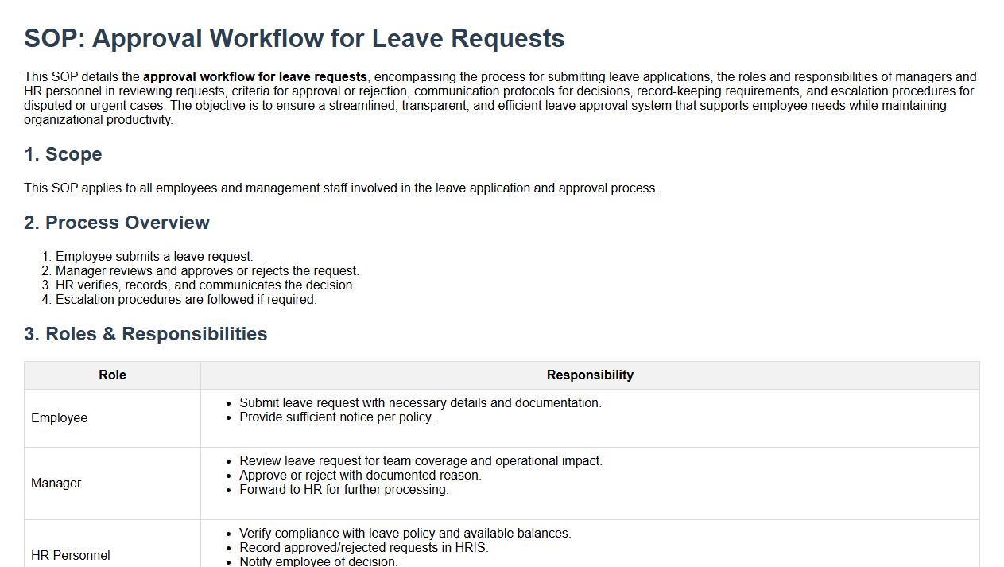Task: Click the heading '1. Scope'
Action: pos(63,154)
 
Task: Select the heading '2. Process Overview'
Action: pos(117,223)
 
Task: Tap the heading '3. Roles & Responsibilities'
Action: pos(145,334)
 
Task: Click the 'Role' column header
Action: pos(112,375)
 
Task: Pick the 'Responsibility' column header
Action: pos(590,375)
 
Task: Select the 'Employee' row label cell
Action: pos(60,418)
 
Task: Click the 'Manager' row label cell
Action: pos(56,484)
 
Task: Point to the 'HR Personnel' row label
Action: pos(71,555)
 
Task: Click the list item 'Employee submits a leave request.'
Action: pos(154,257)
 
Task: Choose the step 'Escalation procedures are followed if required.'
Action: pos(186,300)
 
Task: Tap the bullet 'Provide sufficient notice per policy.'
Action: pos(336,417)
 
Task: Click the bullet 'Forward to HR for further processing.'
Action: pos(344,490)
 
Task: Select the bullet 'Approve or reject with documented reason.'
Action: pos(360,476)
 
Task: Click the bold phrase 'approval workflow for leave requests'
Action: pos(255,77)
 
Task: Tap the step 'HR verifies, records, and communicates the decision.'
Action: pos(205,285)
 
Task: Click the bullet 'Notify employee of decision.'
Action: pos(318,561)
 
